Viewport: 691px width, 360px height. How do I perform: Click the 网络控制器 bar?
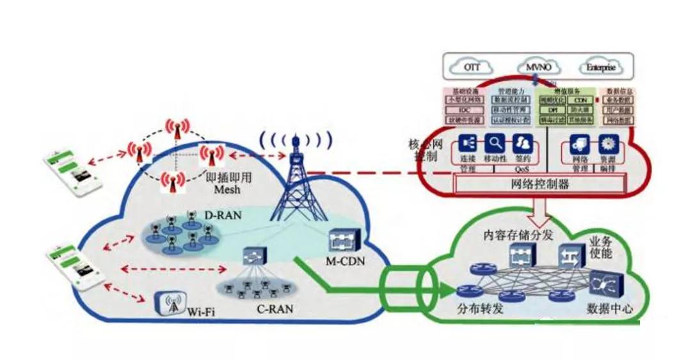click(x=539, y=184)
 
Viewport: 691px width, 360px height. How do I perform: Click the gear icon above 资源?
click(x=607, y=145)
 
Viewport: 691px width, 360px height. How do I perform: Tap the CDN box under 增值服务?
click(x=580, y=100)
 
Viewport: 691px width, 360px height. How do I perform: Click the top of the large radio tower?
click(x=296, y=139)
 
